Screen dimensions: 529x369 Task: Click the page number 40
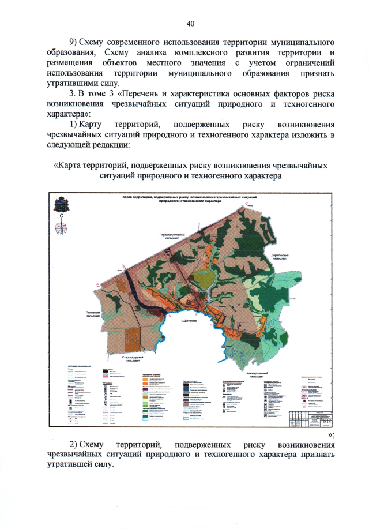(x=190, y=24)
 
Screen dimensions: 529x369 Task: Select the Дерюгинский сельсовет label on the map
(x=279, y=256)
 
